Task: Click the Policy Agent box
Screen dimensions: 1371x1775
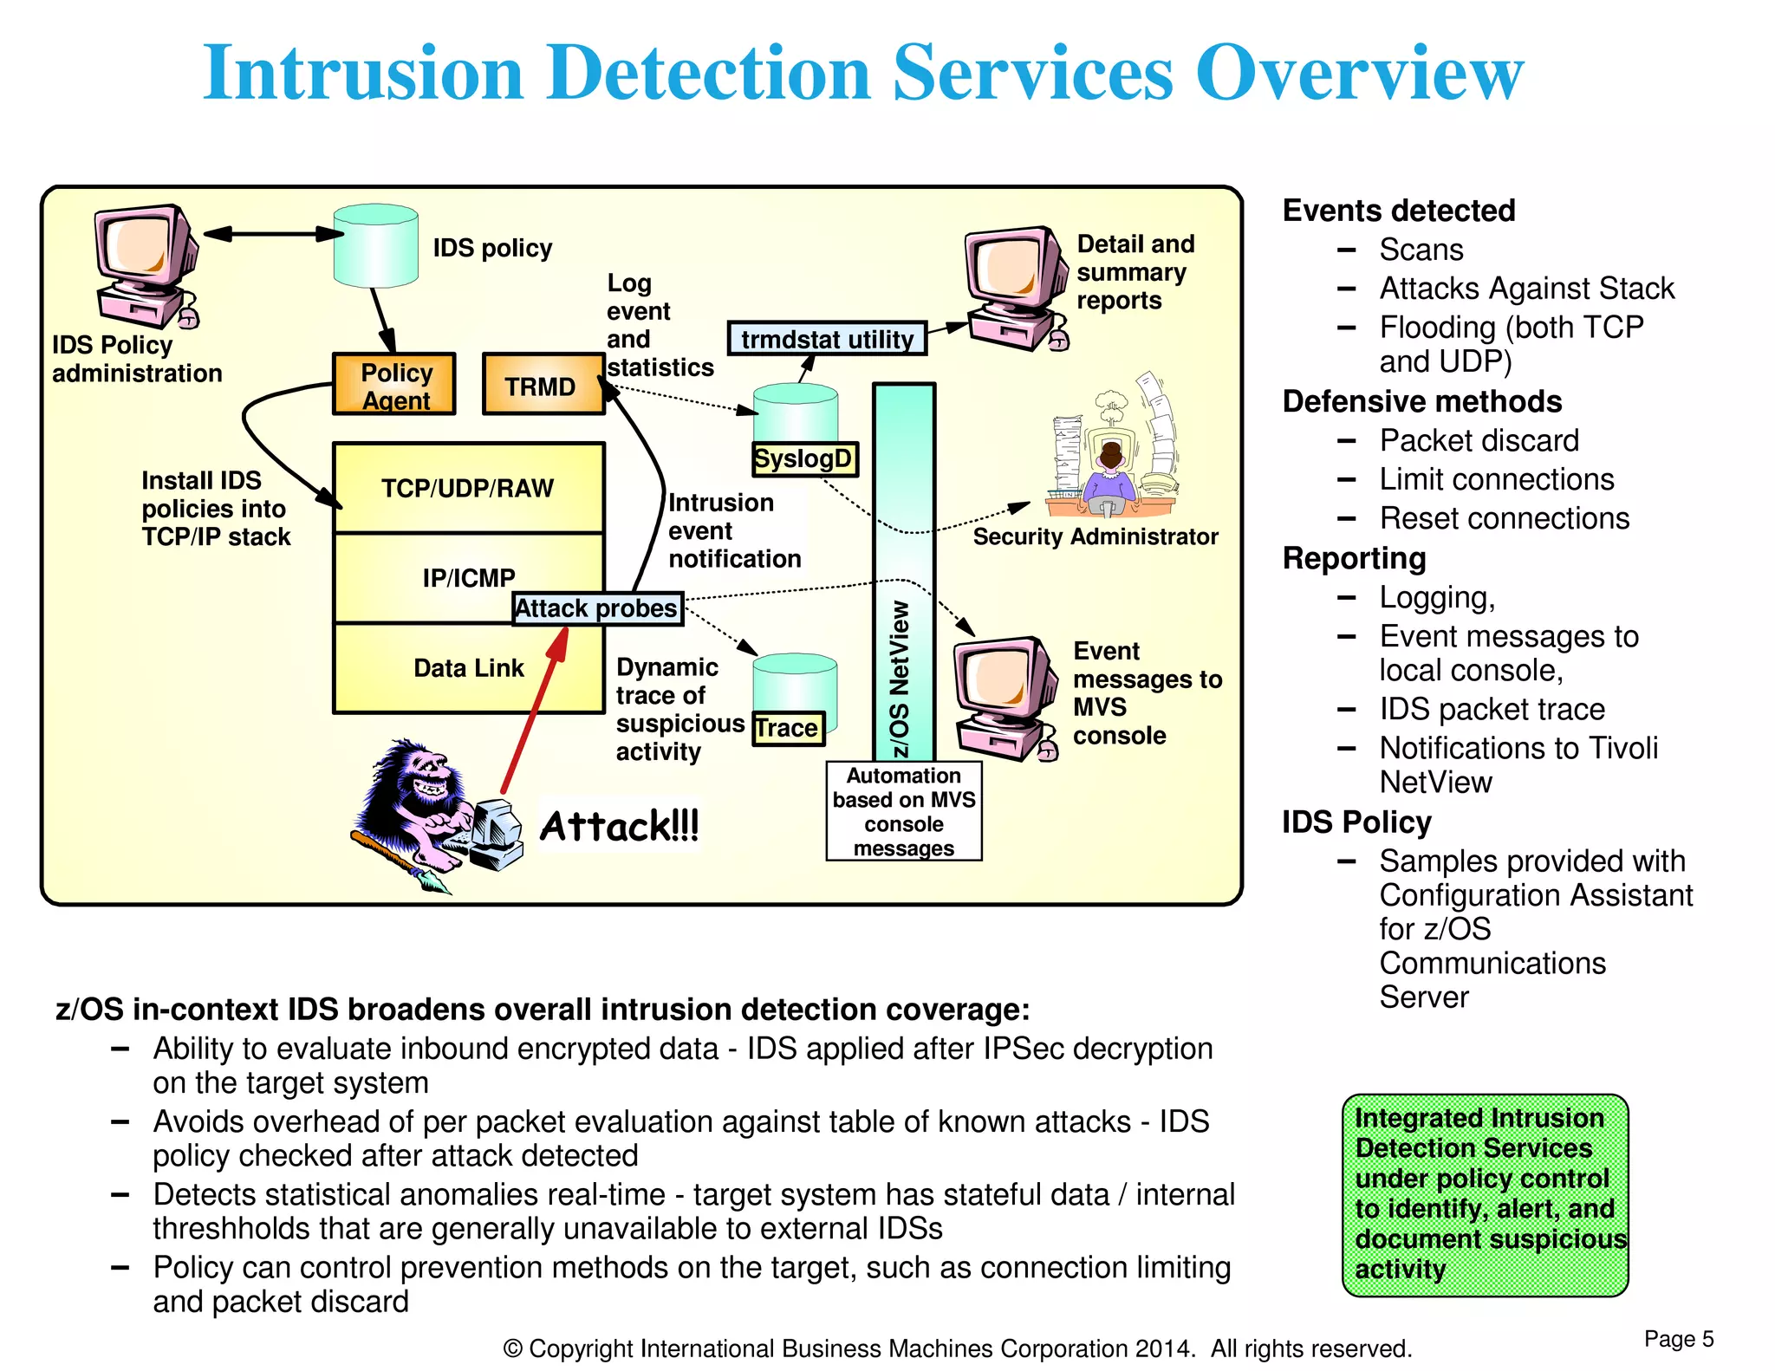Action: coord(394,384)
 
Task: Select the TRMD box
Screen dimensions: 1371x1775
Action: coord(542,385)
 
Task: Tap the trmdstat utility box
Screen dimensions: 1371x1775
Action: coord(827,339)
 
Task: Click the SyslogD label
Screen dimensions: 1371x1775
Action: coord(804,458)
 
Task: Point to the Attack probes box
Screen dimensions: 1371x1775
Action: coord(597,608)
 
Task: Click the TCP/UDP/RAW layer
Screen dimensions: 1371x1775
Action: coord(468,488)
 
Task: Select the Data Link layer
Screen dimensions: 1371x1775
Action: coord(468,668)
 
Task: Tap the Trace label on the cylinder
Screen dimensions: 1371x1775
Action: coord(787,728)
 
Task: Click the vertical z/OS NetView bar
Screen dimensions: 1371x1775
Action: coord(903,572)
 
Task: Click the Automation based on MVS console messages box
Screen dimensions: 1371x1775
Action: coord(903,811)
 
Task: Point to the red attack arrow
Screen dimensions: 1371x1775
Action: coord(535,711)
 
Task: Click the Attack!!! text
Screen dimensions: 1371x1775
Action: coord(619,826)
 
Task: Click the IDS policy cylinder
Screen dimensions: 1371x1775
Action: coord(375,246)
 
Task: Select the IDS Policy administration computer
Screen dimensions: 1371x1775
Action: coord(145,264)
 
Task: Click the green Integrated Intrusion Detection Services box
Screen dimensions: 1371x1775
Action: coord(1485,1194)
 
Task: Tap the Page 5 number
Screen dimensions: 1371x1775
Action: coord(1678,1339)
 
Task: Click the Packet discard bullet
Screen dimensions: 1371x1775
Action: coord(1479,440)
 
